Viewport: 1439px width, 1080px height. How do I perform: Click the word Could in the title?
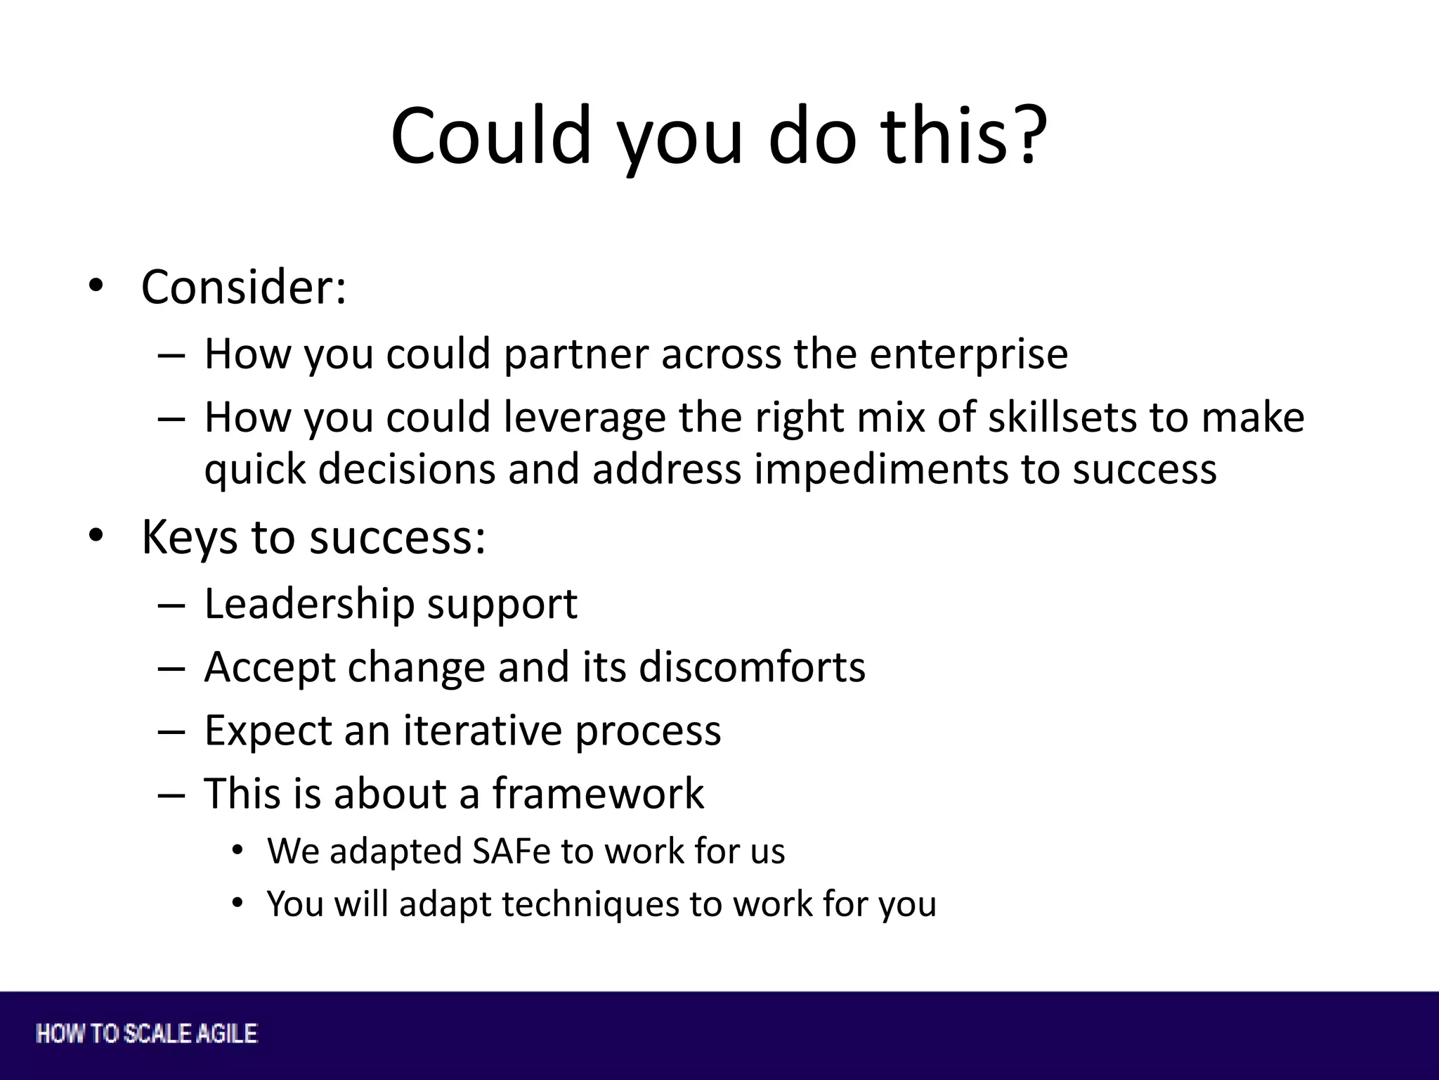(490, 135)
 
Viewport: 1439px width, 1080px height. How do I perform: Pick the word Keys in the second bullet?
(189, 538)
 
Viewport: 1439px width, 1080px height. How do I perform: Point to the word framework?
(597, 793)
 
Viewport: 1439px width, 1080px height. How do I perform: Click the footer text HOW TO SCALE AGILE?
(147, 1034)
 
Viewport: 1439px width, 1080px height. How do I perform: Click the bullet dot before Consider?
(96, 285)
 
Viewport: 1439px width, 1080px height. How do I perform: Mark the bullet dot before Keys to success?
(96, 536)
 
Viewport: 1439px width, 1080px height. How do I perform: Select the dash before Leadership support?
(171, 605)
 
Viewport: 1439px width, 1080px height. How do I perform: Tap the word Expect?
(268, 731)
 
